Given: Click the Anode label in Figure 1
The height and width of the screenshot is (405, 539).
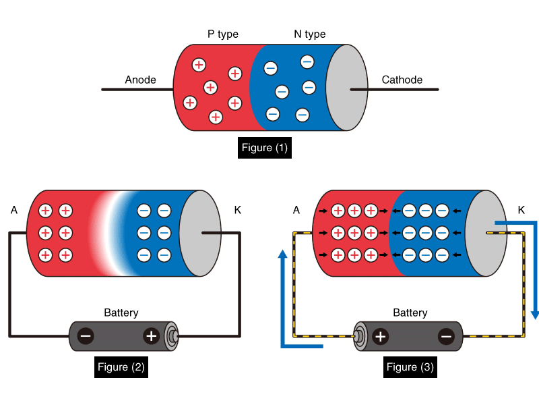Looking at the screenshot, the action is tap(140, 80).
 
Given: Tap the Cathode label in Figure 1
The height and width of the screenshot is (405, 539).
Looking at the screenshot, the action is tap(402, 80).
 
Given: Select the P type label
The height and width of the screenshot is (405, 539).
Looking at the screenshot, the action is tap(223, 34).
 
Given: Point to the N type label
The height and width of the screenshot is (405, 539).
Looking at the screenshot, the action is tap(310, 34).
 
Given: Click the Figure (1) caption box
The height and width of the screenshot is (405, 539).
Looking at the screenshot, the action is tap(265, 148).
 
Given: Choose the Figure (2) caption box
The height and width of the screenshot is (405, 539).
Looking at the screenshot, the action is tap(121, 367).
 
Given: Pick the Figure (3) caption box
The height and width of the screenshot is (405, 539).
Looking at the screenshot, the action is tap(410, 367).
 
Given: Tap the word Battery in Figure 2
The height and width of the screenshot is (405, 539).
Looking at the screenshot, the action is tap(121, 313).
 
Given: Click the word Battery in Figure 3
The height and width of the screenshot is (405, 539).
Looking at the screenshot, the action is tap(410, 313).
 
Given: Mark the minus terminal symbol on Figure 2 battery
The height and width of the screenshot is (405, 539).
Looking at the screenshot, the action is tap(86, 336).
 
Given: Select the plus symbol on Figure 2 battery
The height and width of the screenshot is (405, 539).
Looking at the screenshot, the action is tap(152, 336).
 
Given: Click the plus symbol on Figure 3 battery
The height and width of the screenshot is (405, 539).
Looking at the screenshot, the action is tap(380, 336).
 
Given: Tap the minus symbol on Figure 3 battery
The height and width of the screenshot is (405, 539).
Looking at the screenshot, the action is tap(446, 336).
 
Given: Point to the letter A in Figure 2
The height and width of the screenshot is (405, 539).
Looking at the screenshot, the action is tap(13, 210).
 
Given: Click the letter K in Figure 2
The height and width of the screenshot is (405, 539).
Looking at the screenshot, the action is tap(238, 210).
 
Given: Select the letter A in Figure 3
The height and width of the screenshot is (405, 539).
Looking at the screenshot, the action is tap(296, 210).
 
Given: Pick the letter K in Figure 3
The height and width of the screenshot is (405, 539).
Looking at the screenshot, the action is tap(521, 210).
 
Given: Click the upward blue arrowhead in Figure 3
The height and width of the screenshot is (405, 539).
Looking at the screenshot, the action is tap(282, 254).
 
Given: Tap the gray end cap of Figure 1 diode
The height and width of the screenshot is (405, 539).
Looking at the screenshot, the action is tap(346, 88).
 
